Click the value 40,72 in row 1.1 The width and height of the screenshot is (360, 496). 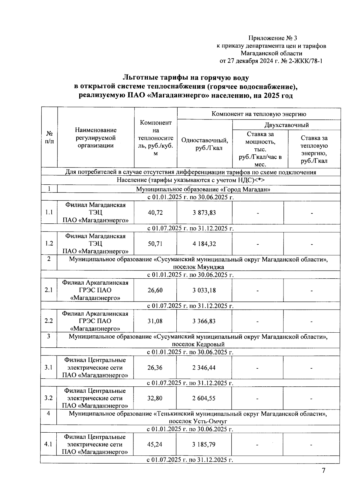[155, 213]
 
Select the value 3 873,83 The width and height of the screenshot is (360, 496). [204, 213]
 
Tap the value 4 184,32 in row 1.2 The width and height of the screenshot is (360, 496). [204, 244]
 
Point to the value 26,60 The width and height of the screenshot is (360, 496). [155, 290]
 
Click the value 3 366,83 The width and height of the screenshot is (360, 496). [204, 321]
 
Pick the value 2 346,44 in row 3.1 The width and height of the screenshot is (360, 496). [204, 367]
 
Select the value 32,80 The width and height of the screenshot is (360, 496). [155, 398]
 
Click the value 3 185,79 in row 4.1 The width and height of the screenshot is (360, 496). [204, 444]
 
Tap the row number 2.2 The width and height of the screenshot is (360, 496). [49, 321]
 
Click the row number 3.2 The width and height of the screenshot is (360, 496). [49, 398]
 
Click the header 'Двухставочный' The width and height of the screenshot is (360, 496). [286, 125]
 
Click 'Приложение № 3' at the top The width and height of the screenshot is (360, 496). [272, 38]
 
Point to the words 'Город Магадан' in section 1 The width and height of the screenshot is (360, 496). [252, 189]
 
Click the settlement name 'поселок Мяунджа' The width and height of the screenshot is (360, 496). [198, 267]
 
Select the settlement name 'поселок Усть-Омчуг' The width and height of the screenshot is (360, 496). [198, 421]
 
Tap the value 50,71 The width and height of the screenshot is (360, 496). [155, 244]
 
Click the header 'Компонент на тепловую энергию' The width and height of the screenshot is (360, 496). [259, 114]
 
